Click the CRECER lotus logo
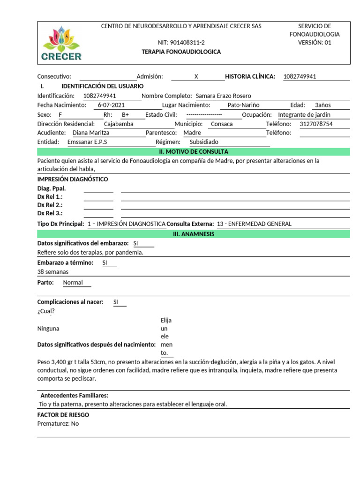[61, 44]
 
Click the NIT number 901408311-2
[181, 43]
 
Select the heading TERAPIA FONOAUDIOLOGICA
[181, 52]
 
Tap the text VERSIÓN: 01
[315, 43]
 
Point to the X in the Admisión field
[196, 76]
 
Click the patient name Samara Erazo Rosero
[223, 96]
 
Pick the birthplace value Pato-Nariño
[243, 105]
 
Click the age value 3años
[323, 105]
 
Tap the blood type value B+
[125, 114]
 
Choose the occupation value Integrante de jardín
[304, 114]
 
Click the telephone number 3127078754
[316, 124]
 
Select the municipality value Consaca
[222, 124]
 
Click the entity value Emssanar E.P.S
[87, 142]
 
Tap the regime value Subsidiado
[204, 142]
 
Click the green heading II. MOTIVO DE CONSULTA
[194, 151]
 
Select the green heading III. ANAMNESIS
[194, 234]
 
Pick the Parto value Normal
[73, 282]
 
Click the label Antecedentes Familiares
[74, 395]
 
